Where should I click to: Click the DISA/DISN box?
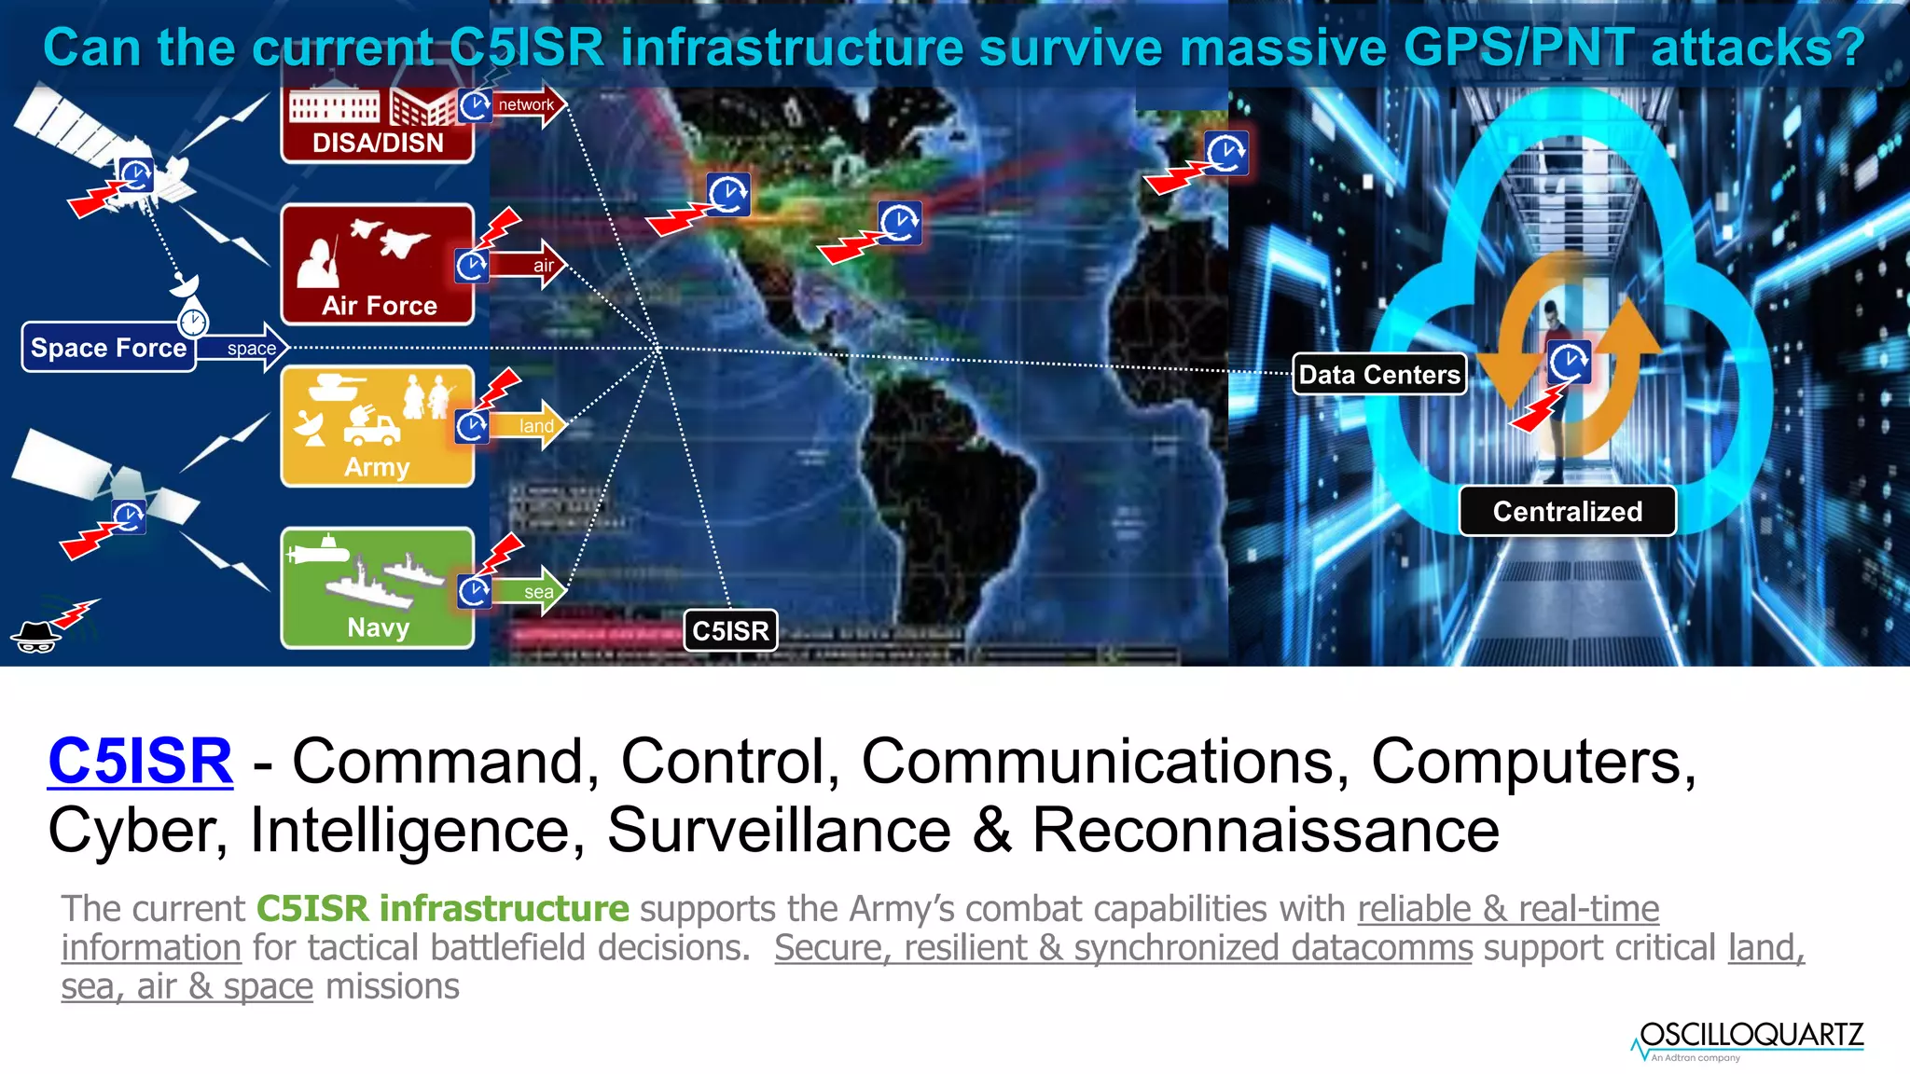tap(377, 126)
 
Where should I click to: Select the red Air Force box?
tap(377, 265)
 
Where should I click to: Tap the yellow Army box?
tap(377, 426)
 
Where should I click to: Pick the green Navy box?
tap(377, 587)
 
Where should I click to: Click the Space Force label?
tap(108, 348)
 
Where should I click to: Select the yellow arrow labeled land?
tap(534, 426)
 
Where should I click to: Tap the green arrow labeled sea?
tap(535, 591)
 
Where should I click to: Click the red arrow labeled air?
tap(533, 266)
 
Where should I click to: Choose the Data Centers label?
tap(1379, 375)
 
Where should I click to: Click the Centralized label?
tap(1567, 511)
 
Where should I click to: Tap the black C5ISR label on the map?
tap(730, 631)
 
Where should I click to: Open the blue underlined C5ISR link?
tap(140, 761)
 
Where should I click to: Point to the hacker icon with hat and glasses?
tap(35, 636)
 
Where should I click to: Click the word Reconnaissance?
tap(1266, 830)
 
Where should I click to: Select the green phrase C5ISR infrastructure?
tap(443, 908)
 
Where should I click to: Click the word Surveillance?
tap(779, 830)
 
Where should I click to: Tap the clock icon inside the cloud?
tap(1570, 362)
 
